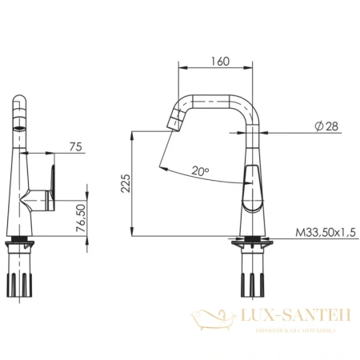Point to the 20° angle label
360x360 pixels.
pyautogui.click(x=201, y=170)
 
